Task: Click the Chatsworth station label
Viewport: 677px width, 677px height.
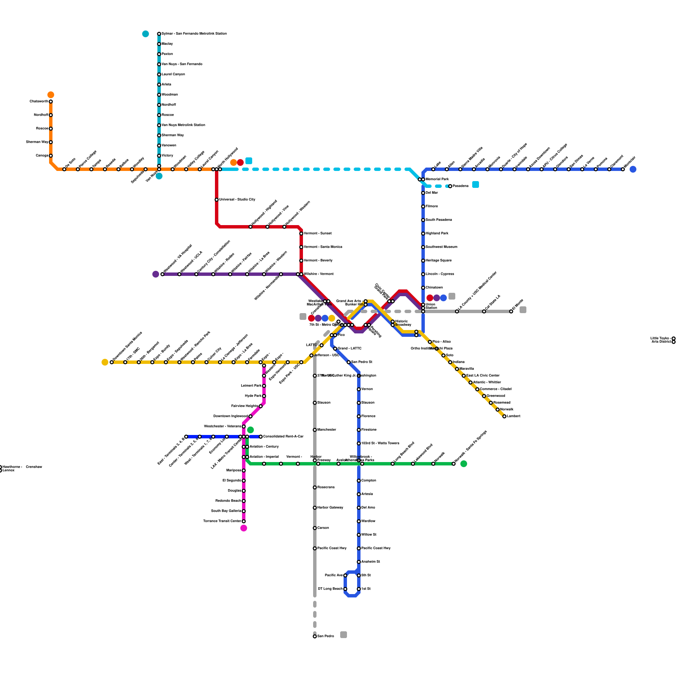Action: tap(39, 102)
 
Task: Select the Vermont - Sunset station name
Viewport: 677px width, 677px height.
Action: tap(317, 233)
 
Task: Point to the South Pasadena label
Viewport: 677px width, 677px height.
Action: tap(438, 220)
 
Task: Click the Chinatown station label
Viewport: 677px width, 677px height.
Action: tap(434, 287)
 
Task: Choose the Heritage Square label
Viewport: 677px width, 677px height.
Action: tap(438, 260)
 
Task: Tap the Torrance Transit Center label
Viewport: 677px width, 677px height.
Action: tap(222, 521)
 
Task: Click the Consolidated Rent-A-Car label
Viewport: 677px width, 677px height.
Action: tap(283, 436)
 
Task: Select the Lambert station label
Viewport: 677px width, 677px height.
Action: tap(513, 416)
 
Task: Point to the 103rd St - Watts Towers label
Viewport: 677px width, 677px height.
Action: tap(380, 443)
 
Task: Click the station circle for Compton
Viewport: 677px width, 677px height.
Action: tap(359, 481)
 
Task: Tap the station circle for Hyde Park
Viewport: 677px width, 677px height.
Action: tap(264, 396)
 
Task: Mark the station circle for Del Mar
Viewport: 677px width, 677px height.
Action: tap(423, 193)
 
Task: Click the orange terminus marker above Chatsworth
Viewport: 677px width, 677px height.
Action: tap(51, 95)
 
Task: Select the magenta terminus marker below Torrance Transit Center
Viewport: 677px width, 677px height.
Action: tap(244, 528)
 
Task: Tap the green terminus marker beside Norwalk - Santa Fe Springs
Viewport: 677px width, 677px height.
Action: tap(464, 464)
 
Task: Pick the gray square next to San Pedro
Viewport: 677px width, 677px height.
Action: tap(344, 635)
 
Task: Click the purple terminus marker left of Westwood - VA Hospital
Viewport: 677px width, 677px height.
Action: tap(156, 274)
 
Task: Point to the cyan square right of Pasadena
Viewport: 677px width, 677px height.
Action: tap(476, 184)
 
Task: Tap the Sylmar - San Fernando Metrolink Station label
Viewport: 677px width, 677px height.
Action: tap(194, 33)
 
